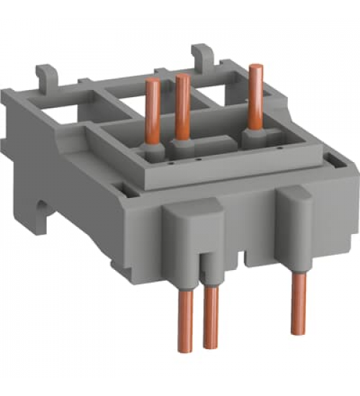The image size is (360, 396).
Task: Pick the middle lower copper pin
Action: [x=211, y=318]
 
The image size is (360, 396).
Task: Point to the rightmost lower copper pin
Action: [x=297, y=302]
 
